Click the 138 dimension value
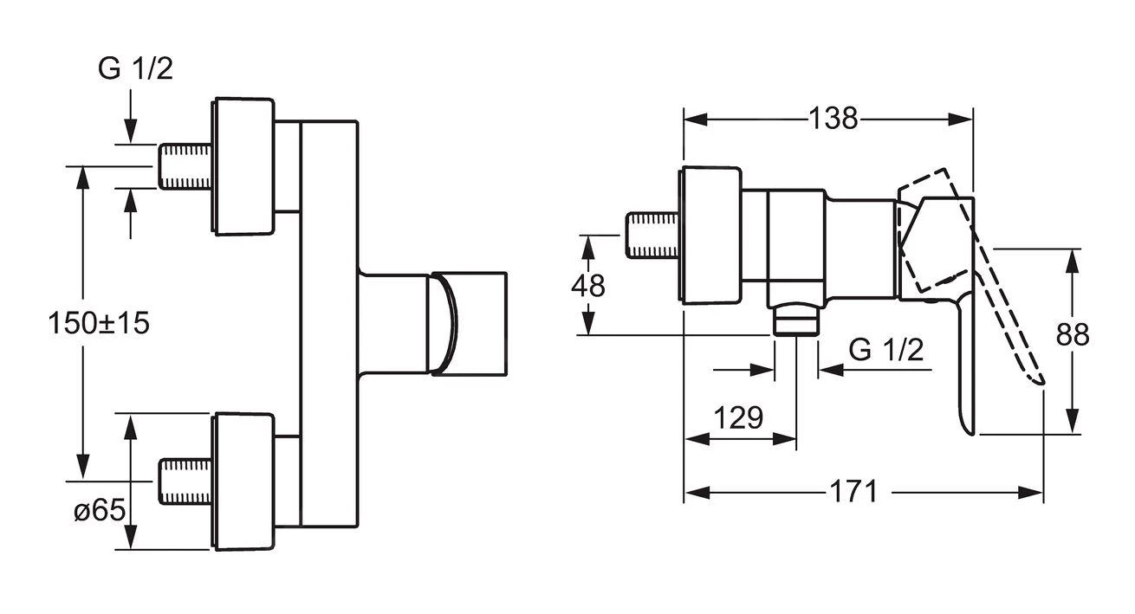point(833,118)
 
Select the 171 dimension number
point(853,492)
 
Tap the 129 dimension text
point(738,418)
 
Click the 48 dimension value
point(590,285)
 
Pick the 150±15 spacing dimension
point(100,323)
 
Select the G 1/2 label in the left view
point(135,68)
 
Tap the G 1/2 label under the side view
point(885,350)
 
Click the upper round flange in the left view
point(244,165)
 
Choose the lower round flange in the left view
point(244,481)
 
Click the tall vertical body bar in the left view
point(328,323)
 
